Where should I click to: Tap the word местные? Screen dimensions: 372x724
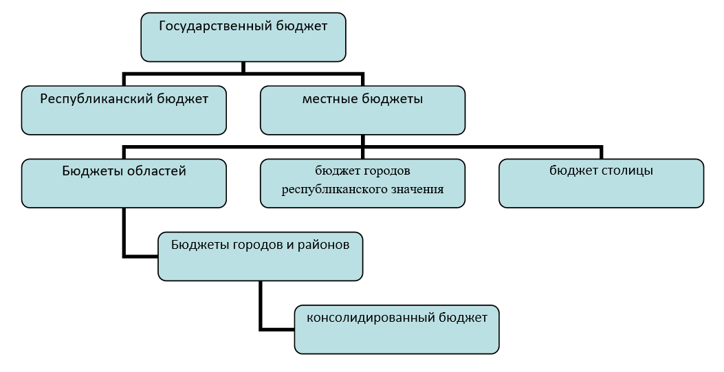tap(329, 99)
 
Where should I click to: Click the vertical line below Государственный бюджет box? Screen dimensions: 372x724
tap(243, 67)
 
